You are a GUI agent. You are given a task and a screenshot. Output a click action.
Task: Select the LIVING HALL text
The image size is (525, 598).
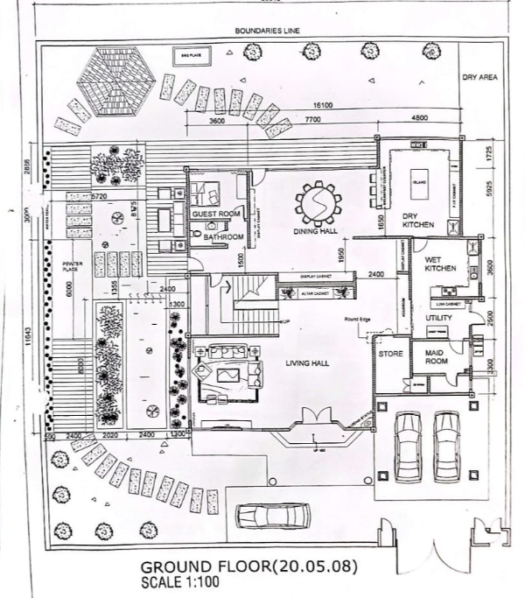307,362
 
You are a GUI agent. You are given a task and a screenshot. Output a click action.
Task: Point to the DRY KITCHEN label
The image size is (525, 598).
418,221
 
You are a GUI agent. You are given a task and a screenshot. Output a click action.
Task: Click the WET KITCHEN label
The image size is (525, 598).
440,264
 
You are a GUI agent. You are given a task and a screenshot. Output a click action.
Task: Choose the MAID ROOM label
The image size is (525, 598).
437,357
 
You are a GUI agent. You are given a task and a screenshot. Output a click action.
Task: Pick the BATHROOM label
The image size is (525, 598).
222,237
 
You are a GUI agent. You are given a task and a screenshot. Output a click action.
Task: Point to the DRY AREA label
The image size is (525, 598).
479,78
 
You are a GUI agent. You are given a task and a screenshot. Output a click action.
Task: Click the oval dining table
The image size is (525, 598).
316,203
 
